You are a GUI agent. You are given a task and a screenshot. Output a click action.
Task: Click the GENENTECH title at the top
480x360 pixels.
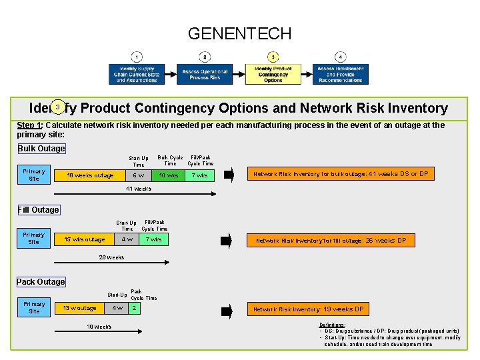[x=239, y=33]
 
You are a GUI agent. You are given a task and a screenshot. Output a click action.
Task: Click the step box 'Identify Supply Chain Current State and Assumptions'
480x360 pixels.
[x=136, y=75]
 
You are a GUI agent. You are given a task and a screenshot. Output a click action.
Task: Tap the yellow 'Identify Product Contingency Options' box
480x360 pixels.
[x=273, y=75]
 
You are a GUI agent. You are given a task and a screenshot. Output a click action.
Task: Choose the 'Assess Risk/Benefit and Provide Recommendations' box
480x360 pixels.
[x=340, y=75]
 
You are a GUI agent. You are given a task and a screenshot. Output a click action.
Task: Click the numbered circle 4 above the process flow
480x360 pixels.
[x=340, y=57]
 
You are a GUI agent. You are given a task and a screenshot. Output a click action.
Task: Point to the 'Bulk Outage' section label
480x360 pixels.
[x=41, y=149]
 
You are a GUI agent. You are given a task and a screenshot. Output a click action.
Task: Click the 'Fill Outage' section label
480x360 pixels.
[x=38, y=210]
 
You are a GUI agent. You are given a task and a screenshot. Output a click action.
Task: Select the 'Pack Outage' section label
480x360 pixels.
[x=41, y=282]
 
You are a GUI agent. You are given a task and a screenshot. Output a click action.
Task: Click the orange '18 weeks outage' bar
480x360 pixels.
[x=89, y=175]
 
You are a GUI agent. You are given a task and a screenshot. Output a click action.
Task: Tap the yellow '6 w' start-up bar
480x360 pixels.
[x=138, y=175]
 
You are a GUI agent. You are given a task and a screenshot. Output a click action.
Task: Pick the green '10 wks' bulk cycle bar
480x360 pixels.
[x=168, y=175]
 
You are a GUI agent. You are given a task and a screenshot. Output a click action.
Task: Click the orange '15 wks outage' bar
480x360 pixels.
[x=84, y=239]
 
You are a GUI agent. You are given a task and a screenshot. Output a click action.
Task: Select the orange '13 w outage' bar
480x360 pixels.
[x=79, y=308]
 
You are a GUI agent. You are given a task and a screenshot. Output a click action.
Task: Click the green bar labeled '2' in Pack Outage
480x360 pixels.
[x=135, y=308]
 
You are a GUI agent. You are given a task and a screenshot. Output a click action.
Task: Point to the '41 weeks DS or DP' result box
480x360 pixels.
[x=340, y=175]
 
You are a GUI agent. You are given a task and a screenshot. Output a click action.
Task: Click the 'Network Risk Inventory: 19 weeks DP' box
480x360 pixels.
[x=308, y=309]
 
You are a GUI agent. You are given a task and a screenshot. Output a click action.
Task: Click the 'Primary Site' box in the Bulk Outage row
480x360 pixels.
[x=33, y=175]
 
